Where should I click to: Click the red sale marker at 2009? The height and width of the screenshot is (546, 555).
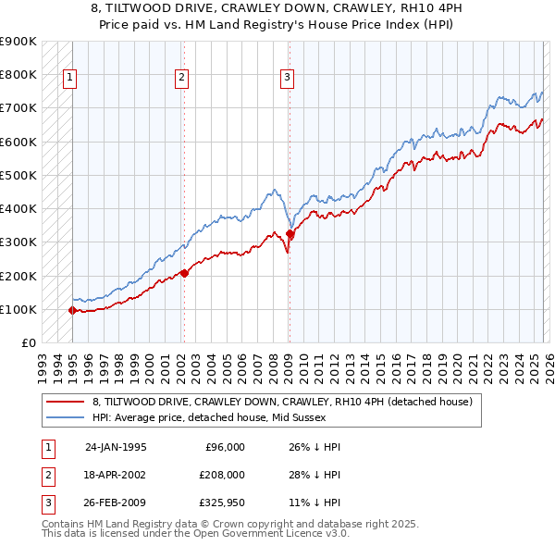click(290, 234)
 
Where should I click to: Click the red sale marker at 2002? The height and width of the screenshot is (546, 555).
click(184, 273)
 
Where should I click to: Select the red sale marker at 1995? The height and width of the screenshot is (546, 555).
click(72, 310)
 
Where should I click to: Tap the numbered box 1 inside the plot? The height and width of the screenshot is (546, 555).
click(70, 78)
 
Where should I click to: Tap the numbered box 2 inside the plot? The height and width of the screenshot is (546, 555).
click(181, 78)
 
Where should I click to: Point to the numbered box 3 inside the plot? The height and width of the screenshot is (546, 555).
click(288, 78)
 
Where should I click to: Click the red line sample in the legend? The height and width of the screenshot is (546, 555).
click(66, 402)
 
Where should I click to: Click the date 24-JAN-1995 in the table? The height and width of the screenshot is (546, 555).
click(116, 446)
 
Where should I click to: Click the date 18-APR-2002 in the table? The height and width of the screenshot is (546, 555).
click(116, 476)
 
